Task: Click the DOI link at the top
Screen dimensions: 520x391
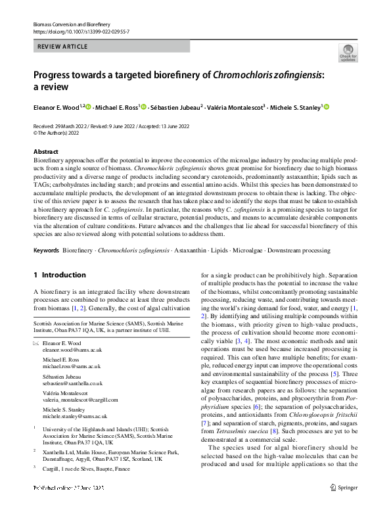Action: point(81,31)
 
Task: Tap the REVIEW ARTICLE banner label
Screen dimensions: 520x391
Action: point(63,47)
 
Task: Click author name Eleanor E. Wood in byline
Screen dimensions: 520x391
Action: point(56,107)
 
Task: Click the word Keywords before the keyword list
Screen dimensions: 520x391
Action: point(46,250)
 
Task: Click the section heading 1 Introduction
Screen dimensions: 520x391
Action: point(59,275)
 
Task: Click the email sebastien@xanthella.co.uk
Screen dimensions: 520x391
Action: point(72,383)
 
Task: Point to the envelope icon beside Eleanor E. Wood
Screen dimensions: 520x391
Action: point(36,344)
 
